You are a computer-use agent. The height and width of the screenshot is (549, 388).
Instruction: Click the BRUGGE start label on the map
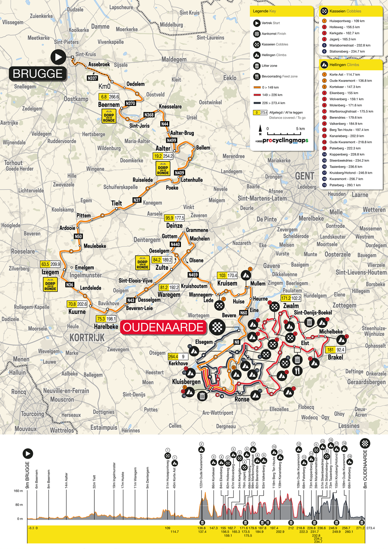(38, 73)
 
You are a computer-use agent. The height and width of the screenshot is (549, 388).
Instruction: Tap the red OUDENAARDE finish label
(164, 327)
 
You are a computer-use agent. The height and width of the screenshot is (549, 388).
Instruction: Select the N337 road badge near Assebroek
(92, 78)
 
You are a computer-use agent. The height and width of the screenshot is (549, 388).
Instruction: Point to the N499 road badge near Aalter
(171, 140)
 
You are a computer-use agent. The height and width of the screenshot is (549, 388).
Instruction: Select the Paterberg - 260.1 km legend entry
(346, 185)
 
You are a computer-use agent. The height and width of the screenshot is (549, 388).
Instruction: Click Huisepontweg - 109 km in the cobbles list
(347, 20)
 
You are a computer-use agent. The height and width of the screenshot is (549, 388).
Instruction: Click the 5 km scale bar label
(300, 128)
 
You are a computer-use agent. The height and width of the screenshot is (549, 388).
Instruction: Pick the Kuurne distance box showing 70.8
(71, 305)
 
